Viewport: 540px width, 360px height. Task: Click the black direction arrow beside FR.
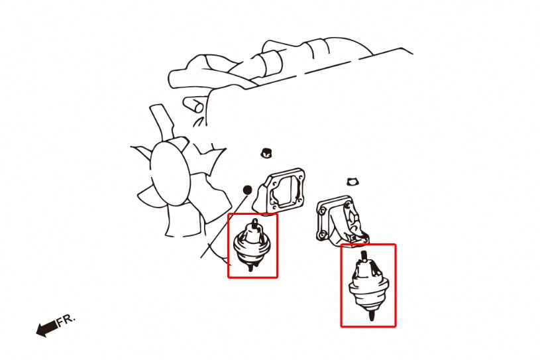pos(46,328)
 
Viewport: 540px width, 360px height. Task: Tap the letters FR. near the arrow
pos(66,320)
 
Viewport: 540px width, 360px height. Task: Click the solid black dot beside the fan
pos(247,190)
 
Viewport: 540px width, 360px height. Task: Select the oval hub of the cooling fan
pos(170,174)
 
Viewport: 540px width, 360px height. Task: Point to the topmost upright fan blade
pos(161,121)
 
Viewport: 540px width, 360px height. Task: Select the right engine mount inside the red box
pos(368,285)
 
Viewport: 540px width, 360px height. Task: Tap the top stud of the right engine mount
pos(364,256)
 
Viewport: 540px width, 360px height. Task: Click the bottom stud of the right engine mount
pos(371,315)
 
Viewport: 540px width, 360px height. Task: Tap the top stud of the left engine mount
pos(254,222)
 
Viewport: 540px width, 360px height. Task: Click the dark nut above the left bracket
pos(266,152)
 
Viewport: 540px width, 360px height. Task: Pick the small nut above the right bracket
pos(352,181)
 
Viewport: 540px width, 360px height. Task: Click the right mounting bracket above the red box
pos(342,221)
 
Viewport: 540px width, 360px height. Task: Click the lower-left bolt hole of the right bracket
pos(322,235)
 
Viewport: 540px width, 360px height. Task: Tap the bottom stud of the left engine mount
pos(250,267)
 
